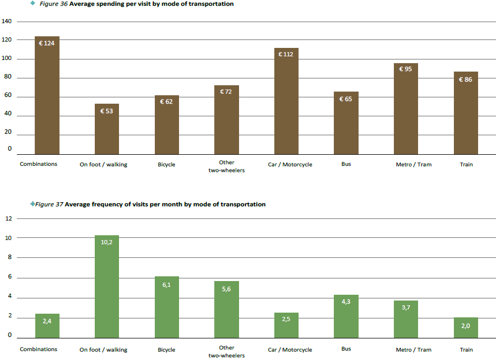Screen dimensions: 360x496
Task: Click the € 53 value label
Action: click(107, 111)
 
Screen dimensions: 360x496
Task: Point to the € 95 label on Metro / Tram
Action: click(405, 69)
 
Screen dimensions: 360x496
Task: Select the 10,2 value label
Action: click(107, 242)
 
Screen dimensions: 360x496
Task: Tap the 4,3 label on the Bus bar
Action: click(346, 302)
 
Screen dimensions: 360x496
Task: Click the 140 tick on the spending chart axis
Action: click(7, 22)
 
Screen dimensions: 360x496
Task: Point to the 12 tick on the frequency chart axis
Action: click(8, 218)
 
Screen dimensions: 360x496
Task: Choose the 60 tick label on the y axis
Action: click(8, 97)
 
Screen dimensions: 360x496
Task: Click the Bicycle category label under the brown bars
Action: click(166, 165)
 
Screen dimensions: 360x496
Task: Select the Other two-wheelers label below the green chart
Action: click(226, 352)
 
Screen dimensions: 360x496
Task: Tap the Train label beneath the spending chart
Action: click(466, 165)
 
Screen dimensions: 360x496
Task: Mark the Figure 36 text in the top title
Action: click(53, 4)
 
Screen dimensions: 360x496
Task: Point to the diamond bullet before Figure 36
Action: click(33, 3)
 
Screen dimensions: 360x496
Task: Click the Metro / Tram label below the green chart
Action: click(413, 350)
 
